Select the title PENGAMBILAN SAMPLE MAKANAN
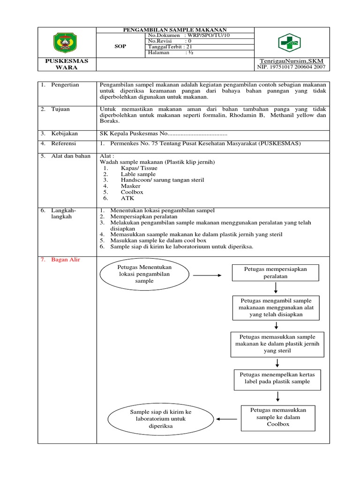[x=175, y=30]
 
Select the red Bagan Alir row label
[x=66, y=260]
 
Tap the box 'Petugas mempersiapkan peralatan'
[x=275, y=273]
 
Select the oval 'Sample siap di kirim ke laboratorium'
[x=161, y=419]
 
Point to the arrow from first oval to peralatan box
[x=207, y=275]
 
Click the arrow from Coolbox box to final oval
[x=227, y=419]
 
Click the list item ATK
[x=127, y=198]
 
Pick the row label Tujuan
[x=60, y=109]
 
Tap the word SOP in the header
[x=120, y=47]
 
